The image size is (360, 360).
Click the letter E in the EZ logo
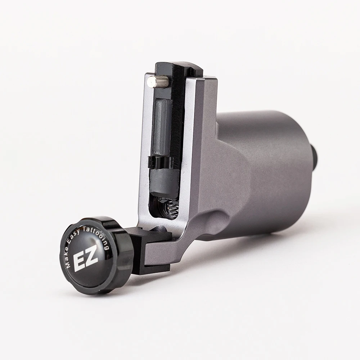tap(79, 262)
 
